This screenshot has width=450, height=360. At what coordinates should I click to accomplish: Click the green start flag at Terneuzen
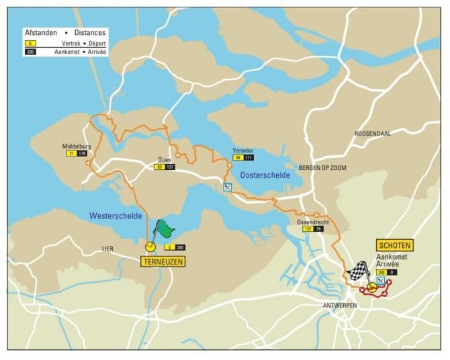(165, 230)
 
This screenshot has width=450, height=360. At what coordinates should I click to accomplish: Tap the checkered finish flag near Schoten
(359, 271)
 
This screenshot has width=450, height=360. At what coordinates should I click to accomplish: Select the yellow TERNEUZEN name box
(162, 261)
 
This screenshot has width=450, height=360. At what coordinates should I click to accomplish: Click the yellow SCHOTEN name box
(394, 245)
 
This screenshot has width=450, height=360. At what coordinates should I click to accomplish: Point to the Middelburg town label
(76, 146)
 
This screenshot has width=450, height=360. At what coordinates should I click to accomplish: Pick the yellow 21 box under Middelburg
(71, 154)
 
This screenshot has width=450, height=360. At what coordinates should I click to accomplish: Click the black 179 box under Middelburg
(82, 154)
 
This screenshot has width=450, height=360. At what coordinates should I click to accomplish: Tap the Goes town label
(165, 159)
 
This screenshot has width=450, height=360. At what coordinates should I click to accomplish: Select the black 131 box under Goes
(170, 167)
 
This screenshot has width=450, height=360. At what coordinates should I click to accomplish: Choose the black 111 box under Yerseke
(249, 158)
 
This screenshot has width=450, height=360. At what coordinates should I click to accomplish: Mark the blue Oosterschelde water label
(265, 175)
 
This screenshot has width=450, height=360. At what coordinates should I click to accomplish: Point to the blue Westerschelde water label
(115, 216)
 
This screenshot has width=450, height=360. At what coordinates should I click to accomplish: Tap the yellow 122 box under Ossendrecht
(306, 230)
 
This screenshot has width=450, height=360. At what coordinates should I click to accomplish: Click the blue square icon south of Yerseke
(228, 187)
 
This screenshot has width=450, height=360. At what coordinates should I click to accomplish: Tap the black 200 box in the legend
(30, 52)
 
